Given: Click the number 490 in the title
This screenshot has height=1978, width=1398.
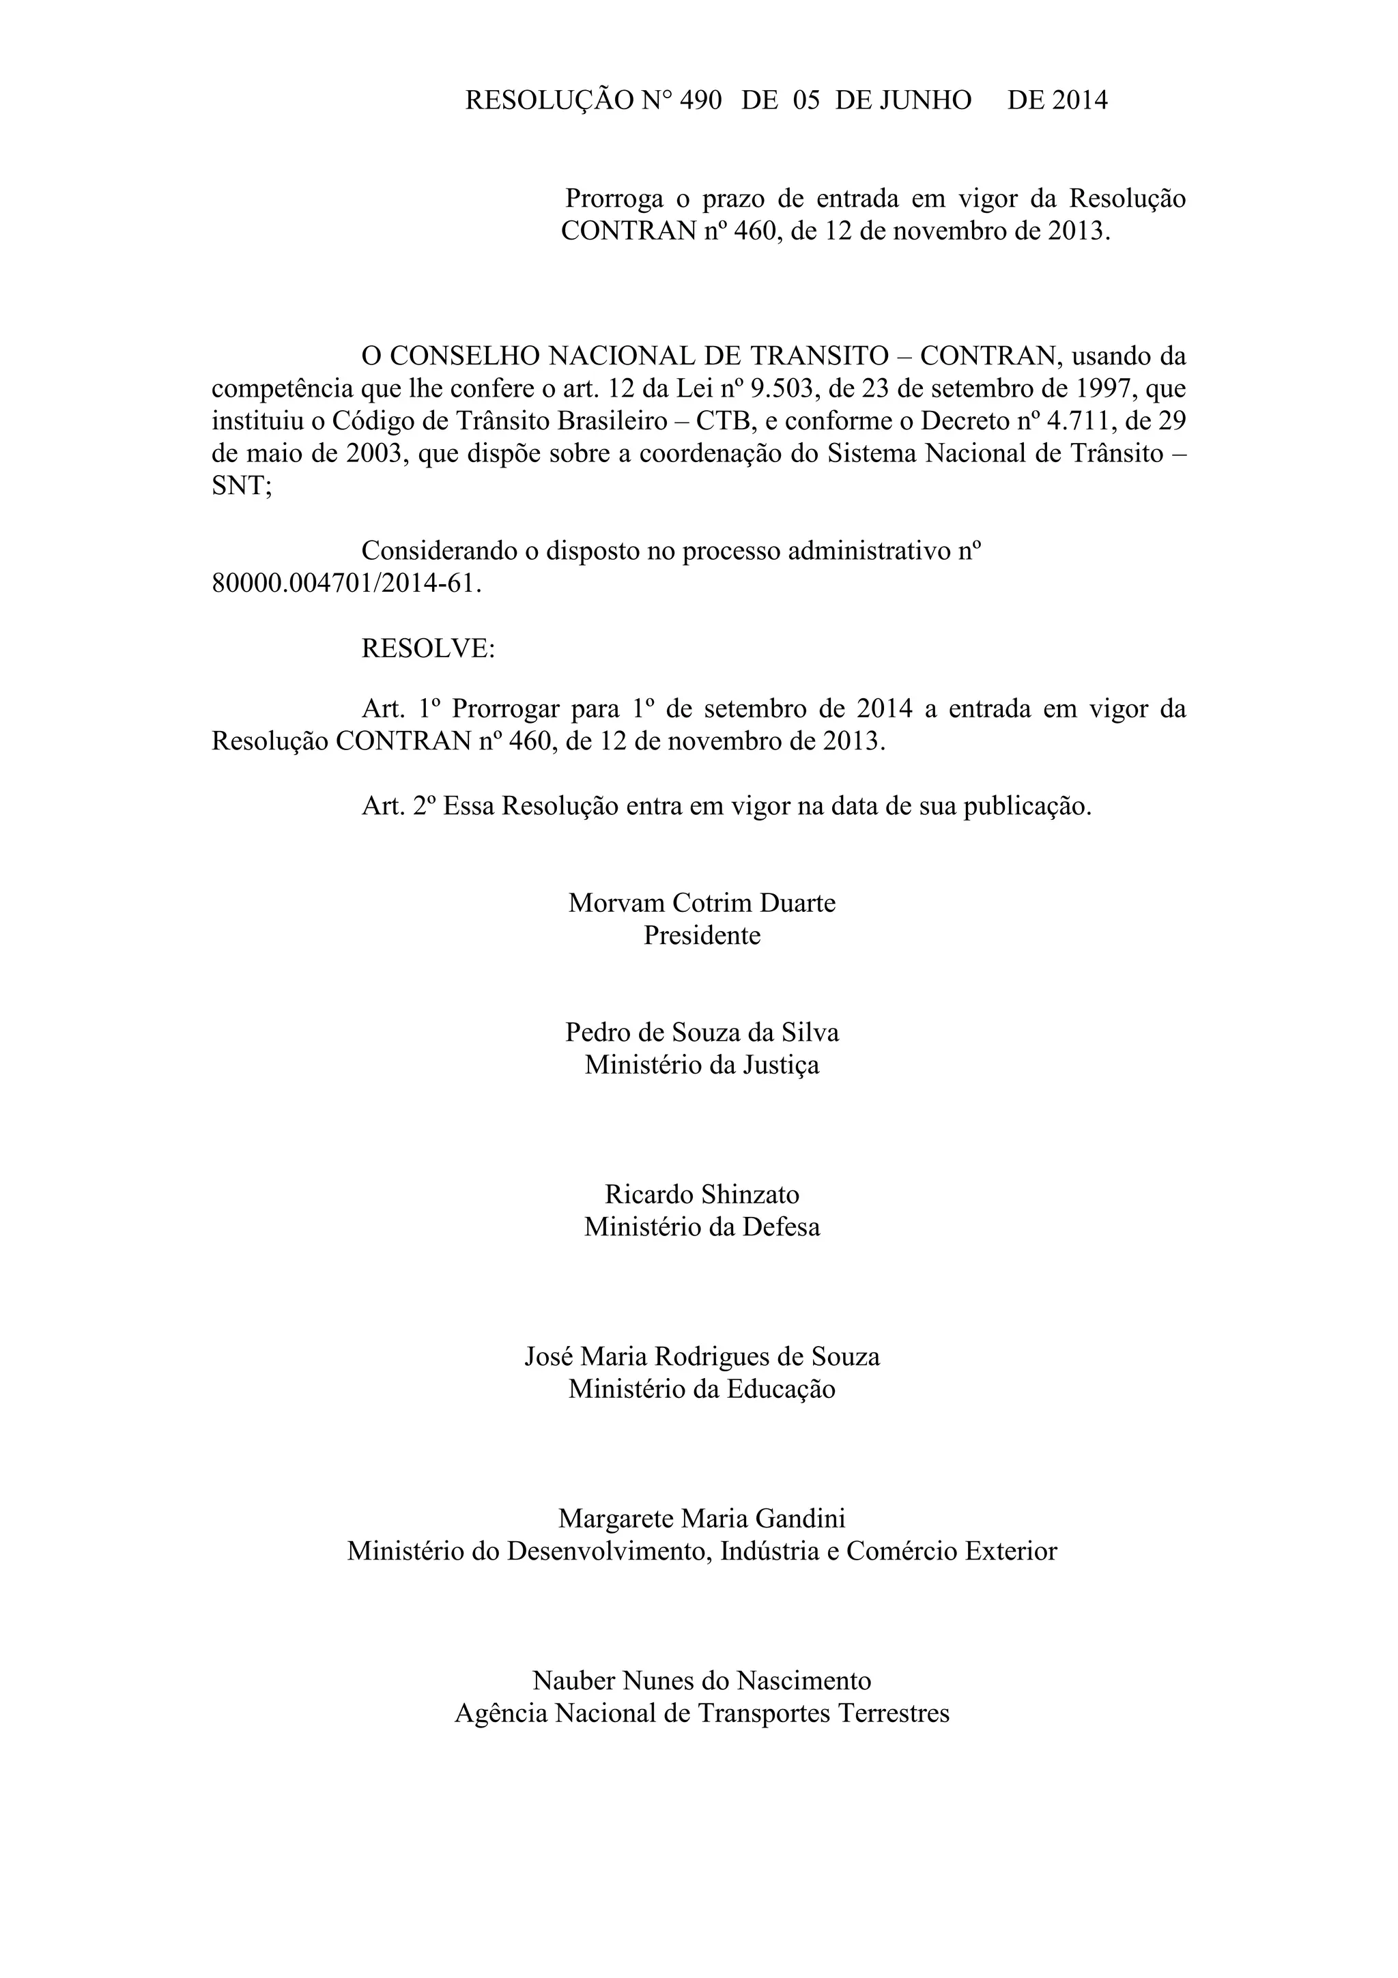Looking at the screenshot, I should click(x=700, y=101).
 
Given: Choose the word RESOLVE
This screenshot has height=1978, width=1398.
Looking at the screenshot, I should click(x=428, y=648).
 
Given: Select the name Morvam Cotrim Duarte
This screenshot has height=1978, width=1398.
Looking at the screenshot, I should click(x=702, y=903).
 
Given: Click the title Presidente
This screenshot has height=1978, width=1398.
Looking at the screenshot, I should click(x=702, y=936).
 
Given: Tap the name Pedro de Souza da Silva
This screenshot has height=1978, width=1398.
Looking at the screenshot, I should click(x=702, y=1032).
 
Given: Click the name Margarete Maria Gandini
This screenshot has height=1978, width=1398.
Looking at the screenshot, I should click(x=702, y=1517).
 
